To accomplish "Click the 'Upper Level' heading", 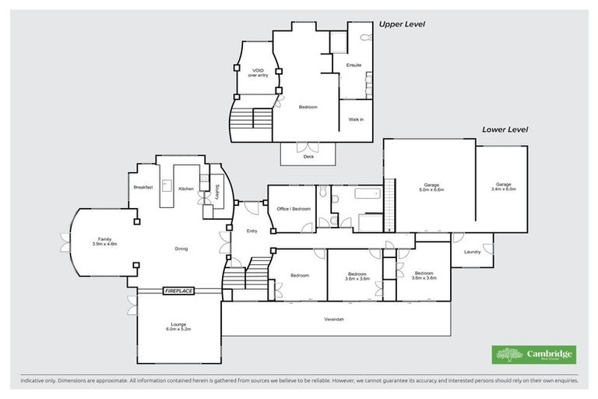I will [x=401, y=24].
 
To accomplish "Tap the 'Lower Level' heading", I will [x=505, y=129].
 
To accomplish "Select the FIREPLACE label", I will [x=178, y=291].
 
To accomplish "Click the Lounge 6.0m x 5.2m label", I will [x=178, y=327].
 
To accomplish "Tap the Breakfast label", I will [x=142, y=188].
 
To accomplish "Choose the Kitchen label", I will [x=186, y=189].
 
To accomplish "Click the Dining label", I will [x=181, y=249].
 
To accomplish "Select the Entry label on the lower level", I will [x=252, y=231].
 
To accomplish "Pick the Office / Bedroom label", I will [x=293, y=209].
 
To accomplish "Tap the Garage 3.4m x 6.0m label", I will [x=504, y=187].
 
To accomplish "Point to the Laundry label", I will [x=472, y=252].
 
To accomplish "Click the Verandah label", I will [x=334, y=320].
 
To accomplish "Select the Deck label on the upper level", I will [x=308, y=156].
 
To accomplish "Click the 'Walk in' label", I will [x=356, y=119].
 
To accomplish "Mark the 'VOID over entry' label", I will [x=256, y=73].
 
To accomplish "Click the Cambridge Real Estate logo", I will [x=534, y=355].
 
